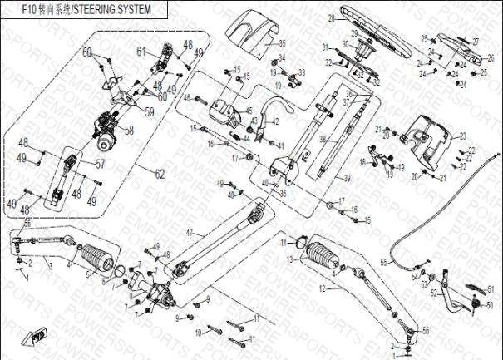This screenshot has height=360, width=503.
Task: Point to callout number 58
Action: point(129,130)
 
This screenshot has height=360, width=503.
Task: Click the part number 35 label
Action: point(281,42)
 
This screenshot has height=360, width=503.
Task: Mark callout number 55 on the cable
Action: point(384,262)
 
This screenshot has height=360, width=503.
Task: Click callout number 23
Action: point(463,135)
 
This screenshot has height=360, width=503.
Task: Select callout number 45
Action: point(249,110)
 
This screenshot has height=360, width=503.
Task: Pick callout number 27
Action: point(476,41)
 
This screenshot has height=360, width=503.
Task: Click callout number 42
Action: point(275,121)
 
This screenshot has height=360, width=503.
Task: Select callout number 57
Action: point(101,164)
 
